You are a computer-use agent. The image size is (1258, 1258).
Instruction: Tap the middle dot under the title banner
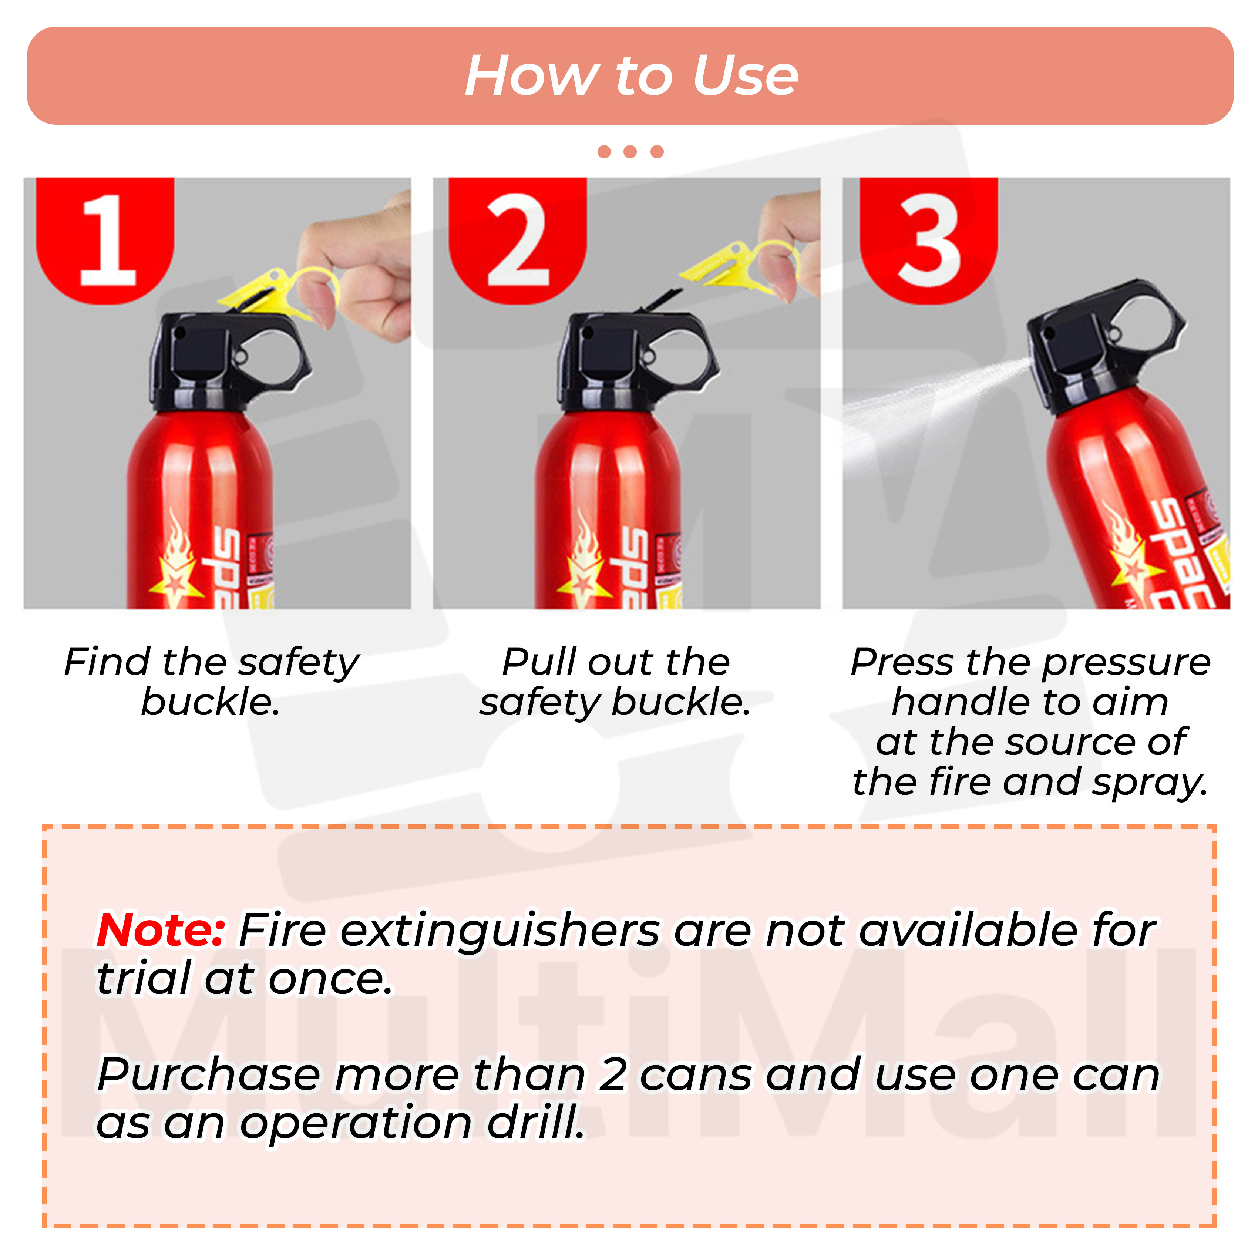tap(630, 152)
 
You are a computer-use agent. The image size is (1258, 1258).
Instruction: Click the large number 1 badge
tap(106, 240)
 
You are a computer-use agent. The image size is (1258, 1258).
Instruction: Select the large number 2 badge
tap(518, 240)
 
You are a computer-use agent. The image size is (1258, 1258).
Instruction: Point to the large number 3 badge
tap(929, 240)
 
